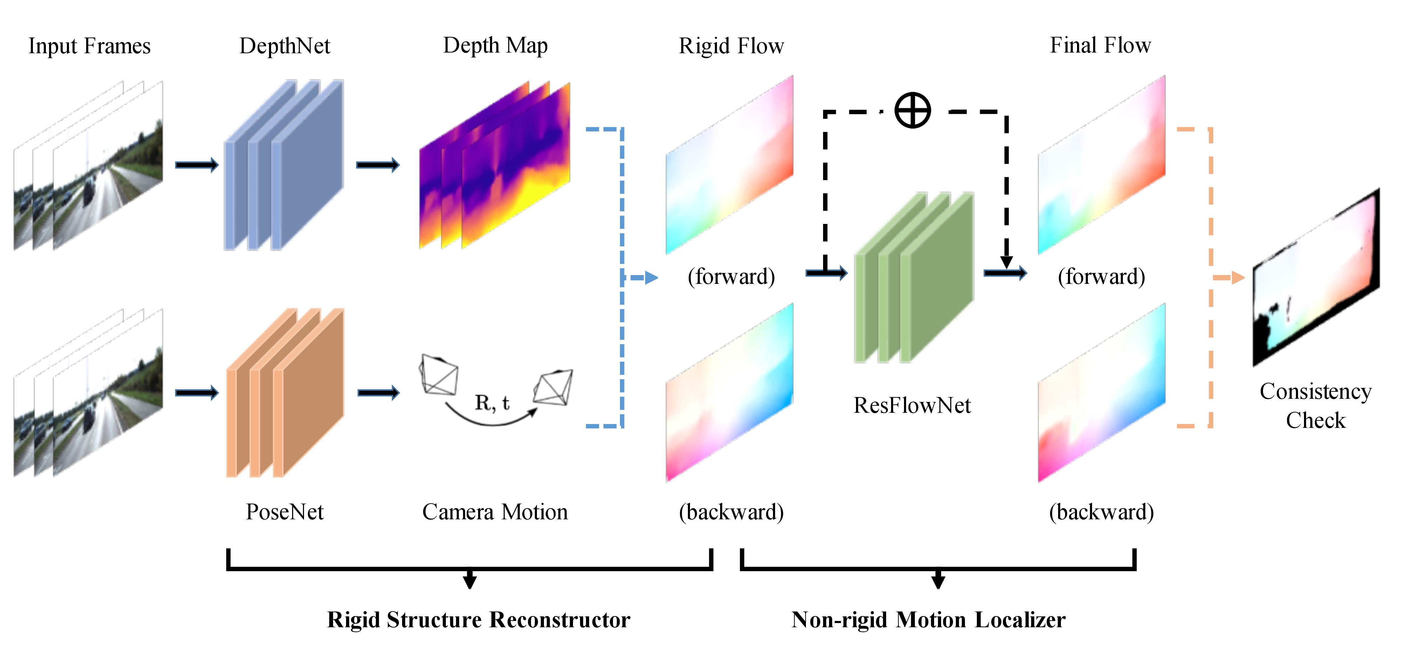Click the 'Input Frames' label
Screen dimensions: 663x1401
(x=89, y=46)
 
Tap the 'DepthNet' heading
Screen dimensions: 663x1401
(x=284, y=46)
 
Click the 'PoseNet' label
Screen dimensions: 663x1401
(x=284, y=512)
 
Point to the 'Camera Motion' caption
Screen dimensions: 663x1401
(x=495, y=512)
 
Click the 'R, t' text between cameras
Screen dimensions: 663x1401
(x=492, y=403)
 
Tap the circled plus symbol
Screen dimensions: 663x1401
(x=913, y=110)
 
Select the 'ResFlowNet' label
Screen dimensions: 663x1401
(x=912, y=405)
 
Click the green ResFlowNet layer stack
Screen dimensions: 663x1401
(x=914, y=278)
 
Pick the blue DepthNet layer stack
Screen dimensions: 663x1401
(x=284, y=165)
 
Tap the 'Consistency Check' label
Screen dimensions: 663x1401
(x=1316, y=405)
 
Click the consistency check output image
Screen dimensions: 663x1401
(x=1316, y=278)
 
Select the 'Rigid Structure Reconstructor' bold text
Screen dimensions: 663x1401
(x=478, y=620)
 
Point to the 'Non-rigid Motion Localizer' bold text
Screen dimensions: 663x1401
(x=929, y=620)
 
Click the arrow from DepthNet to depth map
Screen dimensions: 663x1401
(x=378, y=165)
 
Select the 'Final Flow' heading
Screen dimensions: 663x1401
(x=1100, y=46)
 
